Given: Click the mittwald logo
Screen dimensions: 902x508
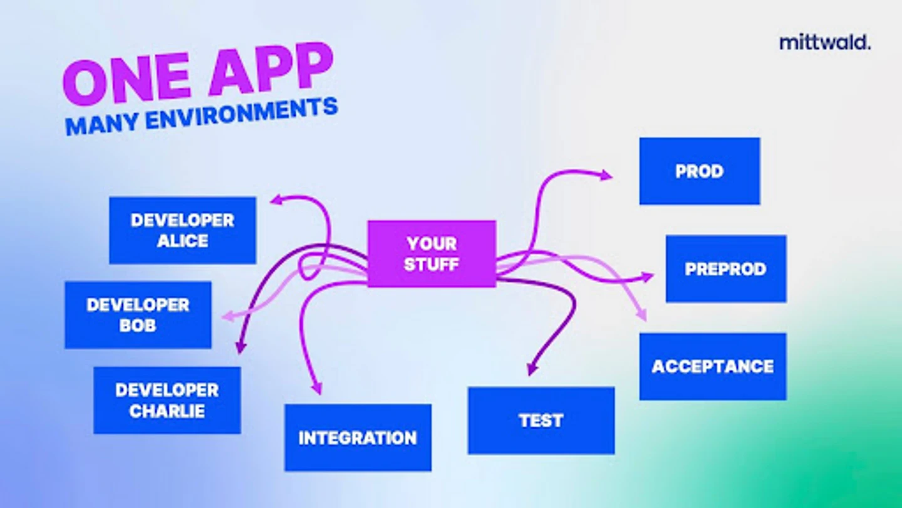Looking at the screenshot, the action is (x=825, y=43).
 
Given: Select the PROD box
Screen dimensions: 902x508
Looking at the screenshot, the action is (x=700, y=171).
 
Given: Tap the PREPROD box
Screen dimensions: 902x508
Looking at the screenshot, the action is (x=726, y=269).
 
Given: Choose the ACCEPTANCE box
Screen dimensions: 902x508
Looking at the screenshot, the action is (x=713, y=366).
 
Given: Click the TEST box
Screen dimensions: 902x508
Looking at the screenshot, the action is (x=541, y=420).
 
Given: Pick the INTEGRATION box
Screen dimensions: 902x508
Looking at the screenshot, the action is (x=358, y=438).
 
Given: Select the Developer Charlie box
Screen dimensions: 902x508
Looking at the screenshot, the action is (x=167, y=400).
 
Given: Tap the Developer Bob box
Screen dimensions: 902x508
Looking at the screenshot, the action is (x=138, y=315).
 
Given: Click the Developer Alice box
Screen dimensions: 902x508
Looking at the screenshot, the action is (x=182, y=230).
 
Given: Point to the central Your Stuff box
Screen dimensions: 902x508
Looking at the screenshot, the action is (x=432, y=254).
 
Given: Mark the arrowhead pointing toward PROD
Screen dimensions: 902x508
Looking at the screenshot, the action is (x=606, y=176).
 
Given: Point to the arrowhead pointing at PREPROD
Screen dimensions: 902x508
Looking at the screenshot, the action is (x=648, y=277).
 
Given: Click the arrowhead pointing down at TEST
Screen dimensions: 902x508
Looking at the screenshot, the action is (x=532, y=369).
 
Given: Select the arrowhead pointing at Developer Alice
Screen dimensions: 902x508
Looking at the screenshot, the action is (x=277, y=199).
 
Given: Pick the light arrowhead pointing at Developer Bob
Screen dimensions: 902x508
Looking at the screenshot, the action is (x=228, y=317).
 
